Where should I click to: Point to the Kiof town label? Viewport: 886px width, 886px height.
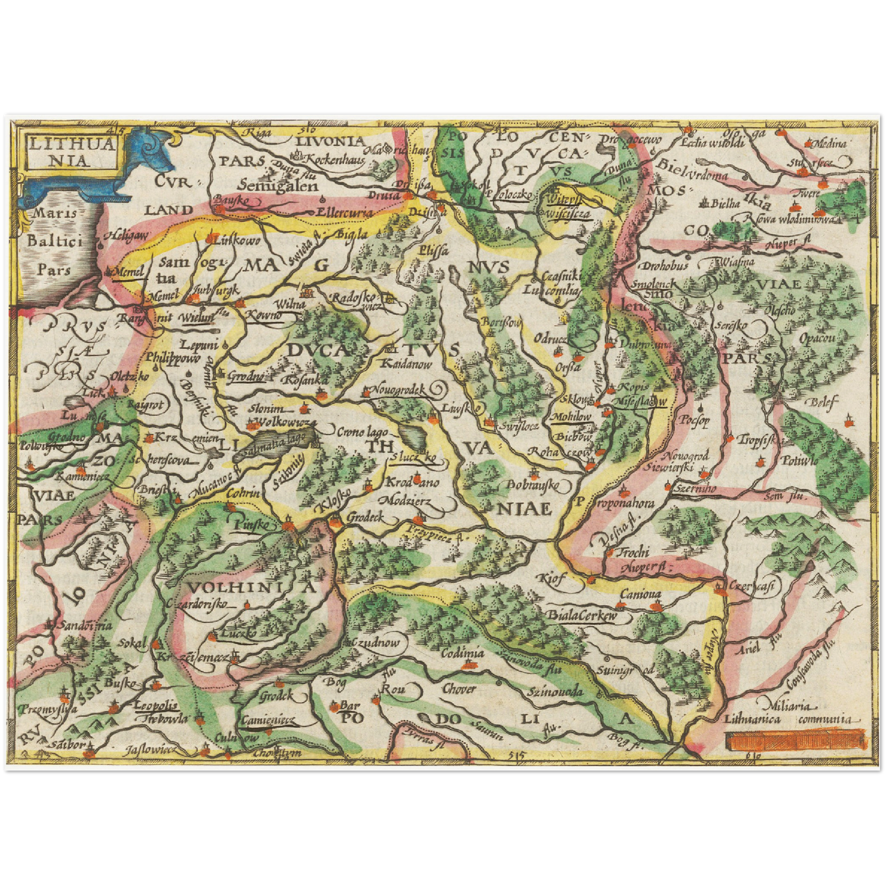pyautogui.click(x=551, y=578)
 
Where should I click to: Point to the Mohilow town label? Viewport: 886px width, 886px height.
pyautogui.click(x=571, y=416)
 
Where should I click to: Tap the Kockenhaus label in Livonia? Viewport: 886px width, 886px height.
pyautogui.click(x=334, y=159)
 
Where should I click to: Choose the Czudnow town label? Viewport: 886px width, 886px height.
pyautogui.click(x=379, y=643)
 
